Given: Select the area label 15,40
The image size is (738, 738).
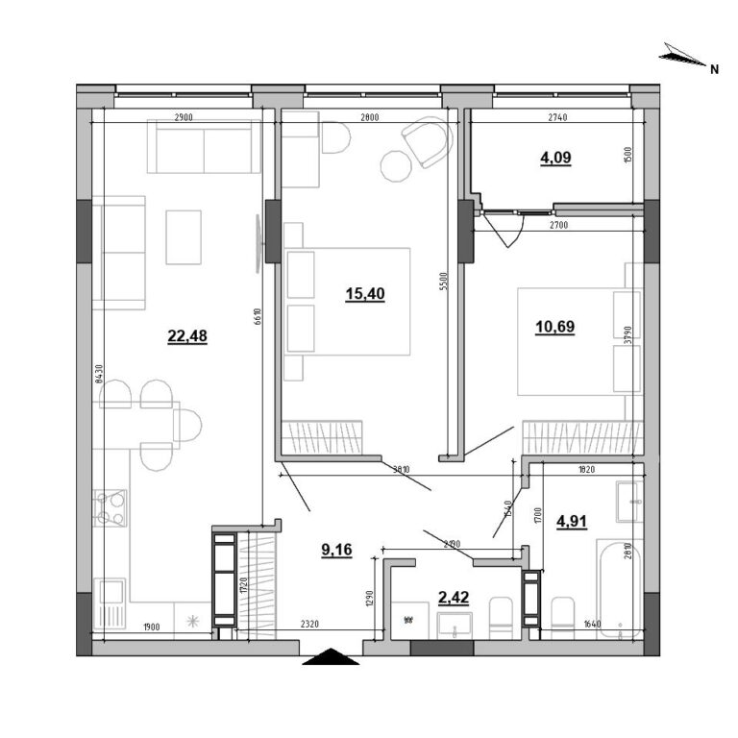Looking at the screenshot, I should point(365,294).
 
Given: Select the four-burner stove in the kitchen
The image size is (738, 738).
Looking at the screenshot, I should point(111,507).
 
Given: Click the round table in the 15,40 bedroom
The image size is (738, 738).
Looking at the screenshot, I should point(395,166).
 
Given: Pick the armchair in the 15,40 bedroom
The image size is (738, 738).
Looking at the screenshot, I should point(427,141).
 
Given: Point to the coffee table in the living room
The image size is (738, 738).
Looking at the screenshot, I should point(183,236).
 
